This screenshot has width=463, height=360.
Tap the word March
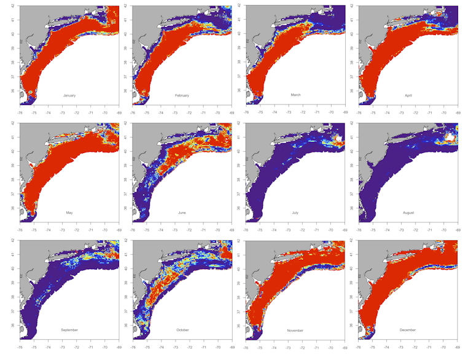(295, 95)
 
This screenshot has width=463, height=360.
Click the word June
(182, 213)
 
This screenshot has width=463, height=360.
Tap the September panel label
(69, 330)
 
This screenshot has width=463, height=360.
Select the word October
(182, 330)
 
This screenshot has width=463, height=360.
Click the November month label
(295, 331)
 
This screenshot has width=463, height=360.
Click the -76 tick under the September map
(20, 348)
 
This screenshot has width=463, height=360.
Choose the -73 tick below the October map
(175, 348)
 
